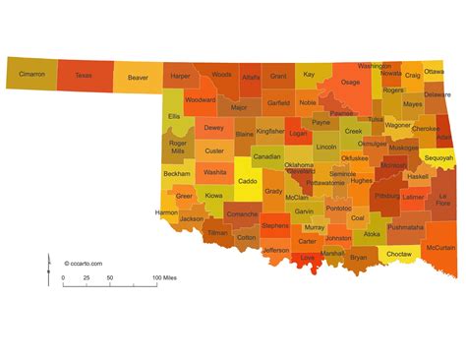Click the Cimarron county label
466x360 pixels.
coord(30,74)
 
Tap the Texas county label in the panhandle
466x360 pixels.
coord(84,75)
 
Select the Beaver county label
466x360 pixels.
coord(138,76)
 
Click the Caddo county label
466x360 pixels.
coord(249,182)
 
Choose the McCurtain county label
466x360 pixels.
coord(439,248)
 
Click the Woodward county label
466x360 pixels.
coord(200,99)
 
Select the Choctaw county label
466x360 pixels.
coord(398,254)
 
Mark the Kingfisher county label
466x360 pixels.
coord(270,131)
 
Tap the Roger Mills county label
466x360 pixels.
coord(177,147)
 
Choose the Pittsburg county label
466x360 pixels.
coord(386,196)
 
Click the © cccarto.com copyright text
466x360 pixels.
coord(84,263)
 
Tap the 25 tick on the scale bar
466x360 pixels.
coord(87,278)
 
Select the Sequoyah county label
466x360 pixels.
coord(438,157)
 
